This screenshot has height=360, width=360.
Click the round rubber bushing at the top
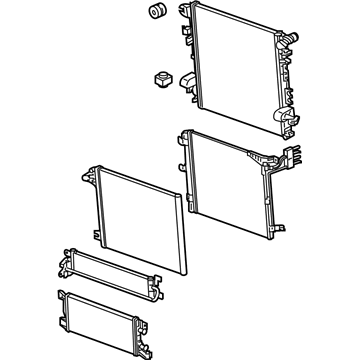click(x=156, y=13)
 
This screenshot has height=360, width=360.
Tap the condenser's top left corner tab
click(x=186, y=136)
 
